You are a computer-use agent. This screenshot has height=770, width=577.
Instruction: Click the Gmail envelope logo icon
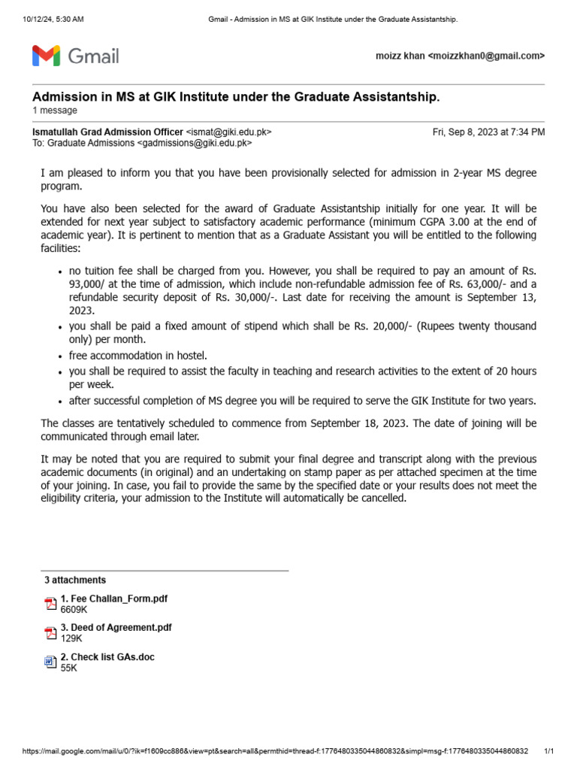point(46,56)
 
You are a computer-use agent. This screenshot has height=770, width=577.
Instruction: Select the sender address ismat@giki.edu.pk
point(228,132)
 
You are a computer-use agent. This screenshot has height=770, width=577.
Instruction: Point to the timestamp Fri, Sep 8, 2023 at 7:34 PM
point(488,132)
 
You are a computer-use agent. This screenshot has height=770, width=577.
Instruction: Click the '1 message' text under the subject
point(54,111)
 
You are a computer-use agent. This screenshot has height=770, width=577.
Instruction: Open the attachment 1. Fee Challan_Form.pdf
point(113,599)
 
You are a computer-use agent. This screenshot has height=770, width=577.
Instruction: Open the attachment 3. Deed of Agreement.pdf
point(116,627)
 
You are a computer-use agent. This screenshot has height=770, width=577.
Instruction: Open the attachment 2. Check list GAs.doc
point(107,656)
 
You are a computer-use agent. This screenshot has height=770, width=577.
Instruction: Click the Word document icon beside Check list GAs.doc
point(50,662)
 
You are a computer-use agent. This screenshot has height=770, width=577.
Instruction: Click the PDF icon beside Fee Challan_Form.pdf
point(50,604)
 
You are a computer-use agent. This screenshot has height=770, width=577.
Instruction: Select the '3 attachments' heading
point(75,580)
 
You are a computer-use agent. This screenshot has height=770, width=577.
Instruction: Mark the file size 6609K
point(74,610)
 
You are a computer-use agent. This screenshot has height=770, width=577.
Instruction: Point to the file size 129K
point(71,638)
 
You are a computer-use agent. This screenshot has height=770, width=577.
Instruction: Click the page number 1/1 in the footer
point(548,751)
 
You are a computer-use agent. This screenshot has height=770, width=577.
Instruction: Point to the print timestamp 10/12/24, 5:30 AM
point(53,18)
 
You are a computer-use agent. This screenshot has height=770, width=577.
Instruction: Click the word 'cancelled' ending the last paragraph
point(382,498)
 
